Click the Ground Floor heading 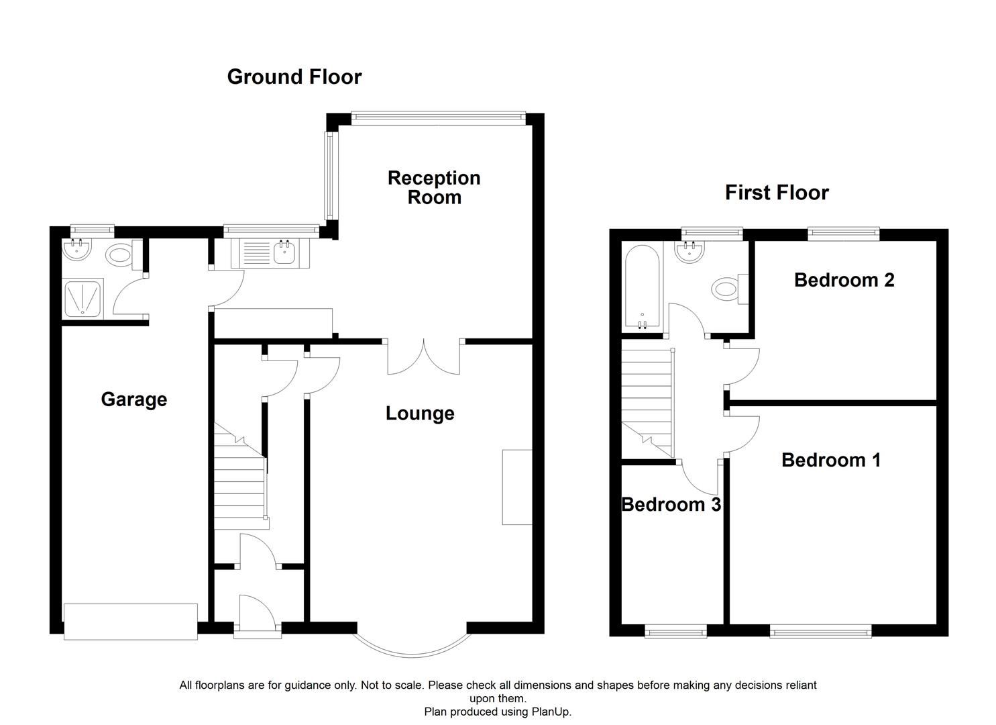[x=294, y=77]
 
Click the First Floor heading [x=776, y=193]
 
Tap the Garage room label [x=133, y=399]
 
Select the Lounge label [x=420, y=414]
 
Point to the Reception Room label [x=434, y=187]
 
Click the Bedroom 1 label [x=830, y=461]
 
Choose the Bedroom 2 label [x=844, y=280]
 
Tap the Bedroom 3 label [x=671, y=505]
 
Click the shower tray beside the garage [x=83, y=298]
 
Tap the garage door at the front [x=131, y=621]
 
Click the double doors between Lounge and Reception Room [x=424, y=356]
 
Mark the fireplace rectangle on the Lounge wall [x=517, y=487]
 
